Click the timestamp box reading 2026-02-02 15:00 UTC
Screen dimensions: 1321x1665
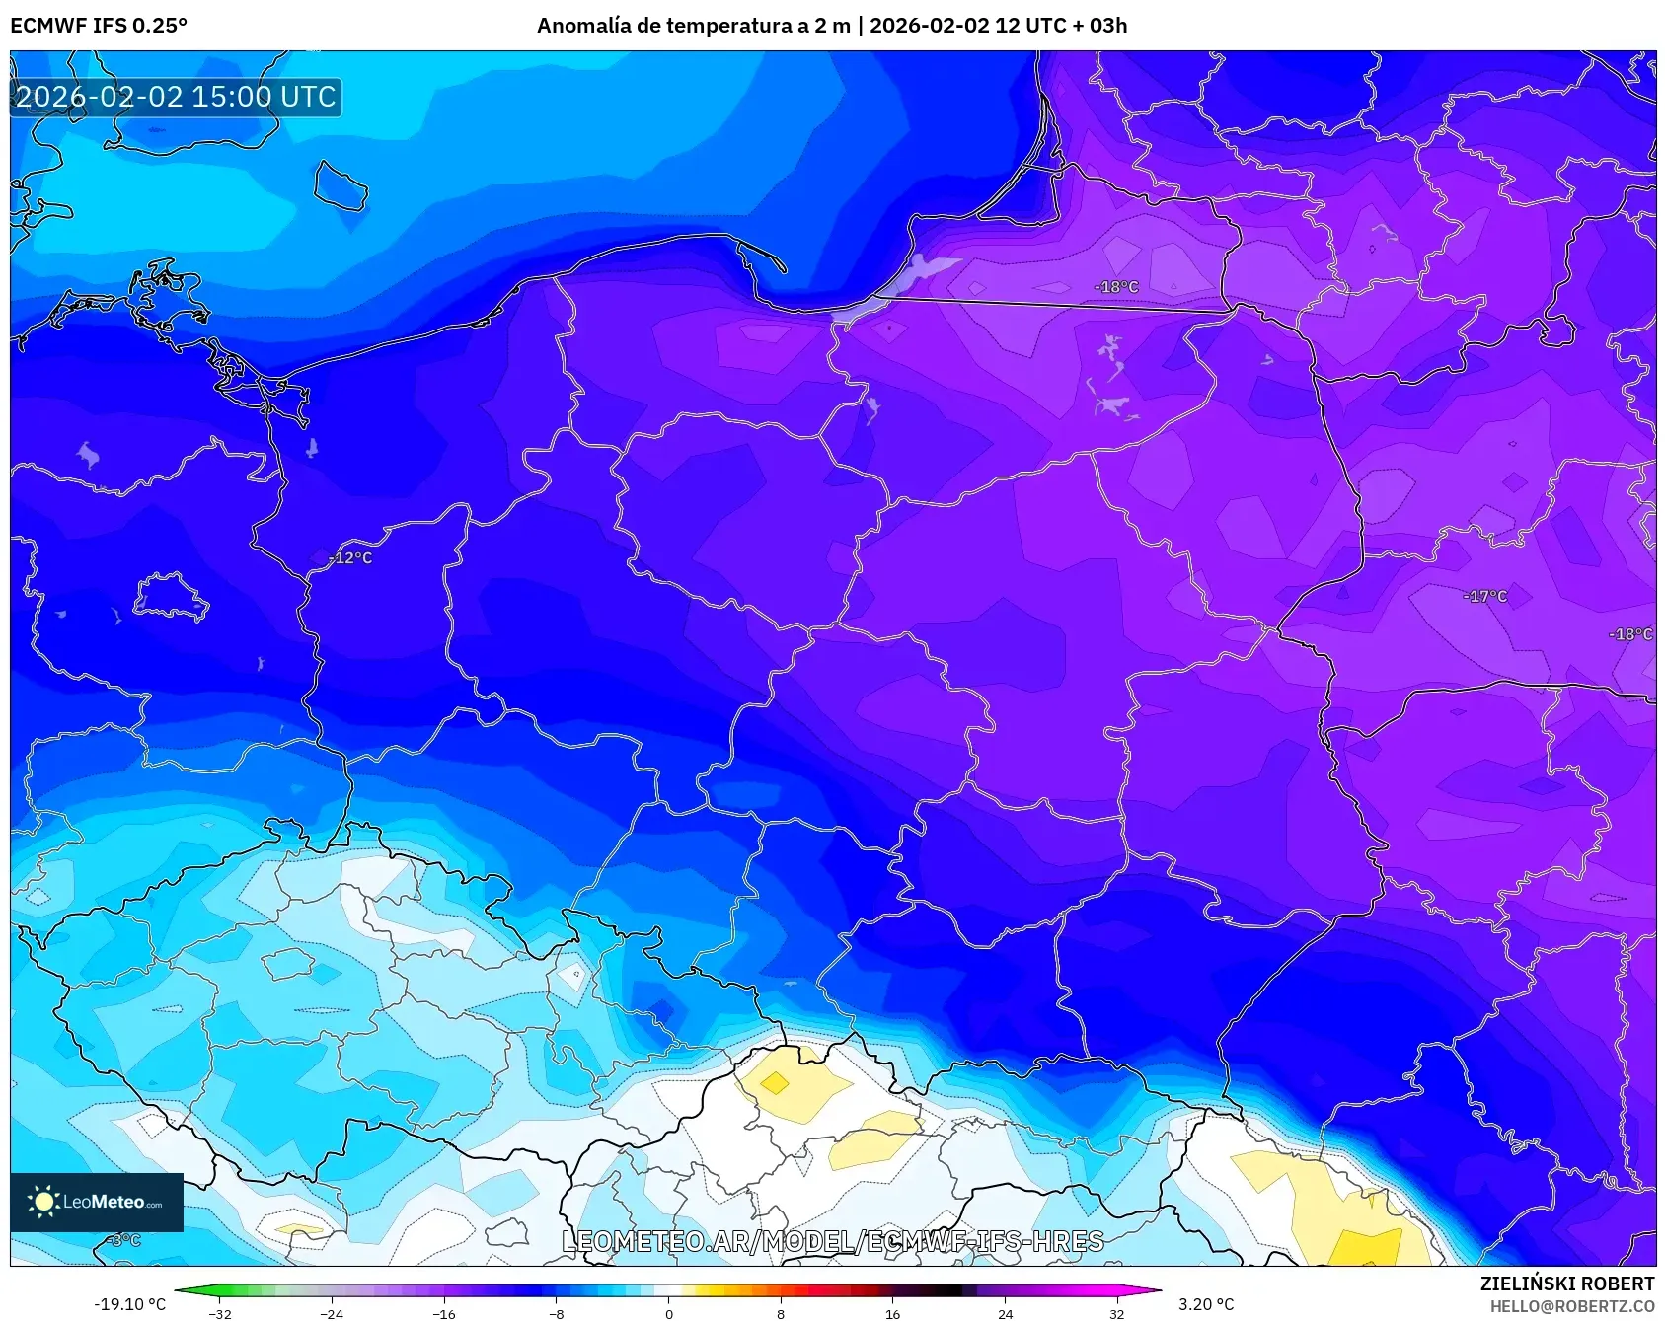[176, 97]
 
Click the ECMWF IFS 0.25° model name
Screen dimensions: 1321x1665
[99, 26]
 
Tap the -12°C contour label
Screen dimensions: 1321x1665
[351, 558]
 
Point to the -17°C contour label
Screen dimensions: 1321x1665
[1484, 596]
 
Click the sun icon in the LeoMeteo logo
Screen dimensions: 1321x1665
[43, 1201]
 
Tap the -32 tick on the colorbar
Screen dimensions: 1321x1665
[220, 1313]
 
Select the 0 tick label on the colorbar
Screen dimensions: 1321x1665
[668, 1313]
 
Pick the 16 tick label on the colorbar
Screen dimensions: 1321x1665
[892, 1313]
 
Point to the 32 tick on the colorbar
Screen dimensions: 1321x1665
[1116, 1313]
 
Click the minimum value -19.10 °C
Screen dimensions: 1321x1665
[130, 1304]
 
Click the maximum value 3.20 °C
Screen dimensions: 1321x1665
[1206, 1304]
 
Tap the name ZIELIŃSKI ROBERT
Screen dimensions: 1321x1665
[1566, 1284]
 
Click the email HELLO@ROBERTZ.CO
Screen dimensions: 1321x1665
[1571, 1306]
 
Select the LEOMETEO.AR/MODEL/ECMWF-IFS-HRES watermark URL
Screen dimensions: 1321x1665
[832, 1241]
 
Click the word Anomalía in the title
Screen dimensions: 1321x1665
[582, 26]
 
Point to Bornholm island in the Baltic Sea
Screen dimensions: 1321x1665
[341, 185]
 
